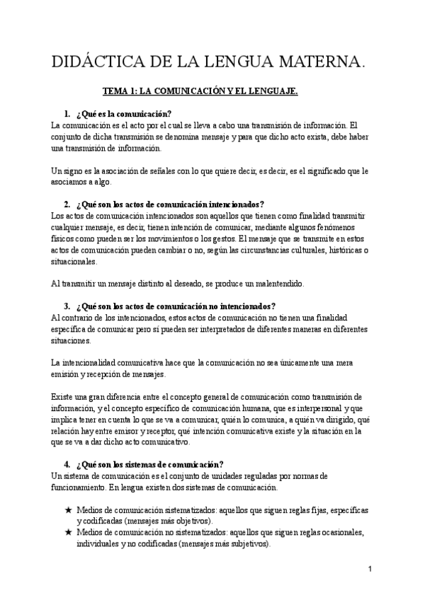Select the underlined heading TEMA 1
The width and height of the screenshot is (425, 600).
(x=200, y=91)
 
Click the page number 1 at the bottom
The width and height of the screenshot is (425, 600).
(x=370, y=570)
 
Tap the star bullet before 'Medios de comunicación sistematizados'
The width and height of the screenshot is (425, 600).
(x=68, y=510)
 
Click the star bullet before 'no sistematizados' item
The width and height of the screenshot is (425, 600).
(x=68, y=533)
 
